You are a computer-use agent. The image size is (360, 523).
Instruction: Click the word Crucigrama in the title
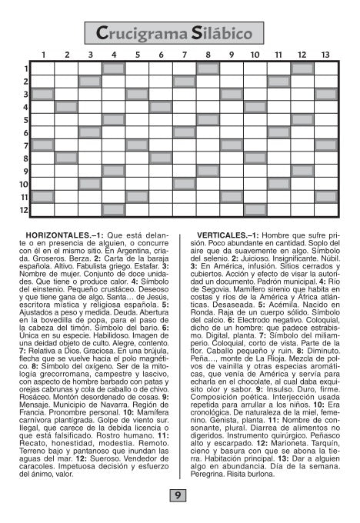coord(142,32)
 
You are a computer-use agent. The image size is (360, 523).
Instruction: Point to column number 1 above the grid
coord(43,55)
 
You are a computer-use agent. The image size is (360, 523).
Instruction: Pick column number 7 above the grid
coord(184,55)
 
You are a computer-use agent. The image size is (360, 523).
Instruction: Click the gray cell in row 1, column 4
coord(114,68)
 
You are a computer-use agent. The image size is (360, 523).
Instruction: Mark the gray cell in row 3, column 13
coord(325,94)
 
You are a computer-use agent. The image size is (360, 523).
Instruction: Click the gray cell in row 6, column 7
coord(185,132)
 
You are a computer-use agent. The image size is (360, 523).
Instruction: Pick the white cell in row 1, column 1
coord(43,68)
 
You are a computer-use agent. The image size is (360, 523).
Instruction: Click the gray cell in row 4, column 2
coord(67,107)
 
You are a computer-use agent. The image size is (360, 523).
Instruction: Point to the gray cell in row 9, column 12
coord(302,171)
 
